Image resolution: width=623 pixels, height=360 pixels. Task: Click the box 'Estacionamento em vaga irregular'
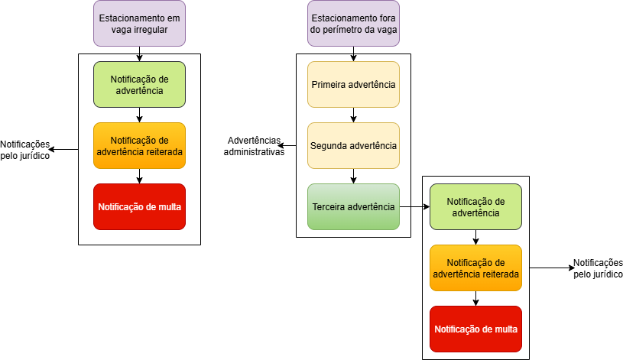(139, 23)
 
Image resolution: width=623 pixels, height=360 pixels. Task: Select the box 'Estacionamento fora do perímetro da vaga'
(353, 23)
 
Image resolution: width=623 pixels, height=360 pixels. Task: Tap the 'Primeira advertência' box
(353, 84)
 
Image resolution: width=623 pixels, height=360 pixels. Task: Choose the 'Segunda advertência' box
(353, 145)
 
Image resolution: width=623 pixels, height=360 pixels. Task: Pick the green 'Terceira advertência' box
(353, 206)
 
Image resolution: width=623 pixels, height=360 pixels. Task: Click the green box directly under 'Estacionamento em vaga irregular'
(139, 84)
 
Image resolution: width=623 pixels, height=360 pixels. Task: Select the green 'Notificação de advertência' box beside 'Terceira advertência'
(475, 206)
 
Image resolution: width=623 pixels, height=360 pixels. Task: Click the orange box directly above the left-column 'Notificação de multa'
(139, 145)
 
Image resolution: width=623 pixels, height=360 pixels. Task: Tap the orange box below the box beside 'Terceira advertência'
(475, 268)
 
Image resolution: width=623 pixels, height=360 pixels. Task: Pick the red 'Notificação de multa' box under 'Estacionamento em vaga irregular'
(139, 206)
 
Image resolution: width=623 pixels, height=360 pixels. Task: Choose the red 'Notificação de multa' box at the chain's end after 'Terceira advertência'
(475, 329)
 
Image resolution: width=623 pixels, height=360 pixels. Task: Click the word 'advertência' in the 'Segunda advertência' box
(372, 145)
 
